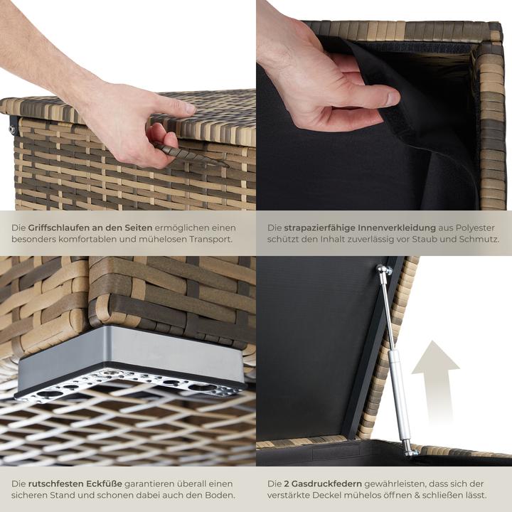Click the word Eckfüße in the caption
point(104,484)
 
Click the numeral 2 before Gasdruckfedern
point(287,484)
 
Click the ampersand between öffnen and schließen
point(417,496)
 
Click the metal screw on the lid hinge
point(12,129)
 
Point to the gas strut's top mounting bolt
point(384,270)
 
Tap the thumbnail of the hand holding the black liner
point(391,97)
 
